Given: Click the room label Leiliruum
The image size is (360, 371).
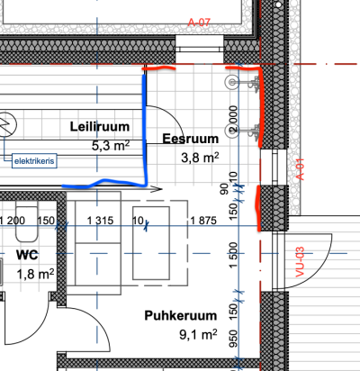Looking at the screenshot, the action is (x=100, y=127).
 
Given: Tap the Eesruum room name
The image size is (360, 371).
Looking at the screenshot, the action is (x=191, y=139).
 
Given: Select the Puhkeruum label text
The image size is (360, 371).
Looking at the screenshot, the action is (x=181, y=315).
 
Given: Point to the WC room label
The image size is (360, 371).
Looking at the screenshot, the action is (x=27, y=255).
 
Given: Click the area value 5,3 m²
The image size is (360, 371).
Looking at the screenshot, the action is (x=111, y=146).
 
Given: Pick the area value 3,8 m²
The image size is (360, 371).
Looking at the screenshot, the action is (x=200, y=158).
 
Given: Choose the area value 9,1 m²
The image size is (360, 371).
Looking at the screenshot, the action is (x=198, y=334).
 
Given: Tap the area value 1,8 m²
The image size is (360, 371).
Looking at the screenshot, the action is (x=35, y=274).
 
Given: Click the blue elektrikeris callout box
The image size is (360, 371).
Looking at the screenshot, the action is (x=34, y=161).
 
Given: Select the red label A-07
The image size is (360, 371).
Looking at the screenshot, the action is (x=199, y=23).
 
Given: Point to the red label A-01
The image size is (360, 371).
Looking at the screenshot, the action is (x=301, y=169).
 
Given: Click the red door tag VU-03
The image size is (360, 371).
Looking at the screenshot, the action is (x=300, y=262).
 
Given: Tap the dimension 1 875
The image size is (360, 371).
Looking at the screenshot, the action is (x=203, y=221).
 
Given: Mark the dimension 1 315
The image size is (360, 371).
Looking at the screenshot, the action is (x=100, y=221).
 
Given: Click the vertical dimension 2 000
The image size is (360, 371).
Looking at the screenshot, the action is (x=233, y=119).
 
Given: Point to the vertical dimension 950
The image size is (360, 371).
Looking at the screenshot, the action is (x=233, y=339).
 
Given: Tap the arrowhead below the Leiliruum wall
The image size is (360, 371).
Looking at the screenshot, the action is (x=157, y=189).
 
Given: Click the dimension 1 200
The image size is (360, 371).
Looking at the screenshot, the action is (x=12, y=221).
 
